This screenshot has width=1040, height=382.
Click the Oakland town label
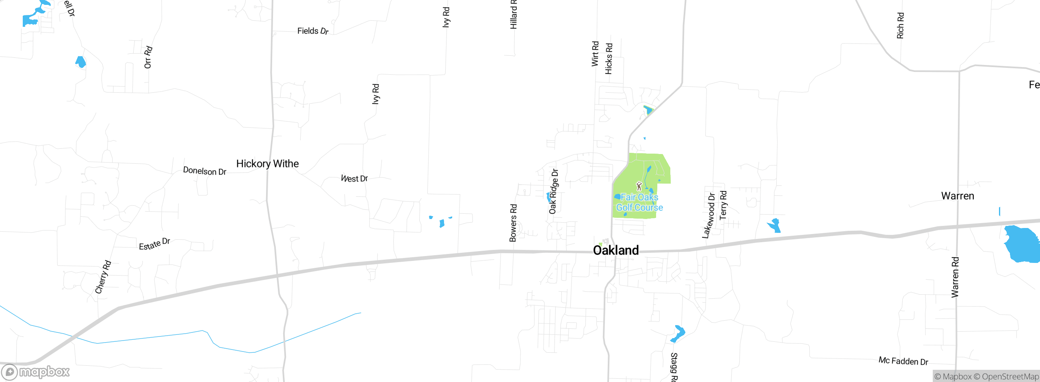click(x=615, y=250)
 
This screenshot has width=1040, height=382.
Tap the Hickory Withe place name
click(x=267, y=164)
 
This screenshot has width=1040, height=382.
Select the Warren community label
click(x=958, y=196)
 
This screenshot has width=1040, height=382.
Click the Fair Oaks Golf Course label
click(x=639, y=202)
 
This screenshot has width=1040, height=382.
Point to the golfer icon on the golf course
click(x=639, y=186)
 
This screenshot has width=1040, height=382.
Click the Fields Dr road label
click(x=312, y=31)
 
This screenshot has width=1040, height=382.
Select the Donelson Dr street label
click(x=204, y=171)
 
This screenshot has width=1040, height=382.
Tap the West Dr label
click(x=354, y=178)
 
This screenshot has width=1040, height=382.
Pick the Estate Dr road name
click(x=154, y=244)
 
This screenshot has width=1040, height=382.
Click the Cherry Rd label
click(x=103, y=277)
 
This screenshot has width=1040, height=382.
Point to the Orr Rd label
click(x=148, y=57)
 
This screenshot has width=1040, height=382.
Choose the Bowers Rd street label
click(x=513, y=223)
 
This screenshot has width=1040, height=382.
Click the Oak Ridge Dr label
click(x=553, y=191)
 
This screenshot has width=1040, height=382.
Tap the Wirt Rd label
click(x=595, y=54)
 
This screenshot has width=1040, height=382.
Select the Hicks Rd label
click(x=609, y=59)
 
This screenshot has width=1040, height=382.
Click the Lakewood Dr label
click(x=709, y=215)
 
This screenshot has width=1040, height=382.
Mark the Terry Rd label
click(x=723, y=205)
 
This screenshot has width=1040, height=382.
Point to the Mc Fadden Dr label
click(x=903, y=361)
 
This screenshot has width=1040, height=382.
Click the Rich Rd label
click(x=900, y=26)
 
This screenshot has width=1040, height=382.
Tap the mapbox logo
click(x=36, y=372)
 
